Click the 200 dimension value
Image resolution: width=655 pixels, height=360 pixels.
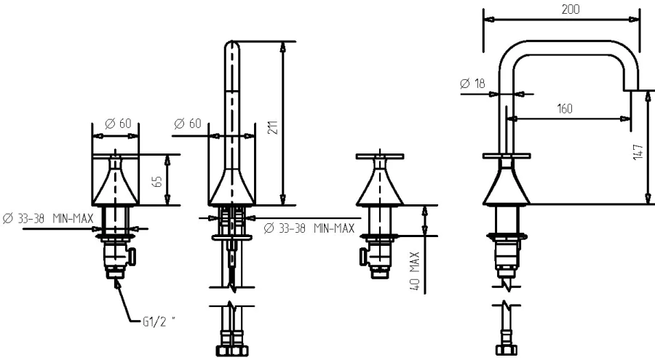[x=560, y=9]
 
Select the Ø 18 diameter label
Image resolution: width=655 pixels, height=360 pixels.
[x=474, y=84]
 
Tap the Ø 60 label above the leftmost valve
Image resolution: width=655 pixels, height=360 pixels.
[x=118, y=124]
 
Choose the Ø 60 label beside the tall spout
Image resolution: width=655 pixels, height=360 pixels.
[x=187, y=124]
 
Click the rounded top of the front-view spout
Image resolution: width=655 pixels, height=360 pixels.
[x=231, y=49]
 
